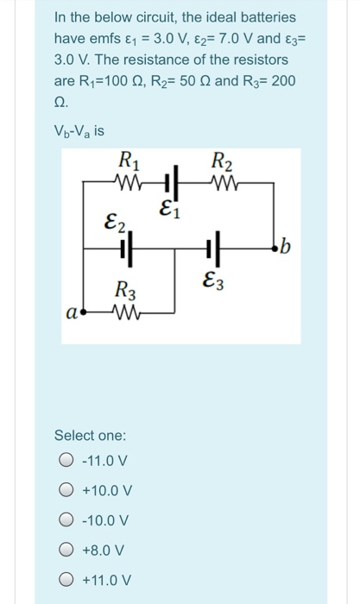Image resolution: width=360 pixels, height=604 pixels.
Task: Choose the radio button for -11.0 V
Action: [x=66, y=460]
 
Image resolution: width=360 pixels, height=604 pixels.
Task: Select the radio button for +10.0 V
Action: [x=66, y=490]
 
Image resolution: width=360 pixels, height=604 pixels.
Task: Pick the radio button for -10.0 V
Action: [x=66, y=519]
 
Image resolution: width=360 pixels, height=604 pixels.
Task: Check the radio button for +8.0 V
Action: [x=66, y=550]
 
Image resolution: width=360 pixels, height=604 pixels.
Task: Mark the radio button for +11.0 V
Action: [x=66, y=579]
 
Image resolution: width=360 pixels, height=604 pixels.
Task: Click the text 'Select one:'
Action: [x=90, y=434]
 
